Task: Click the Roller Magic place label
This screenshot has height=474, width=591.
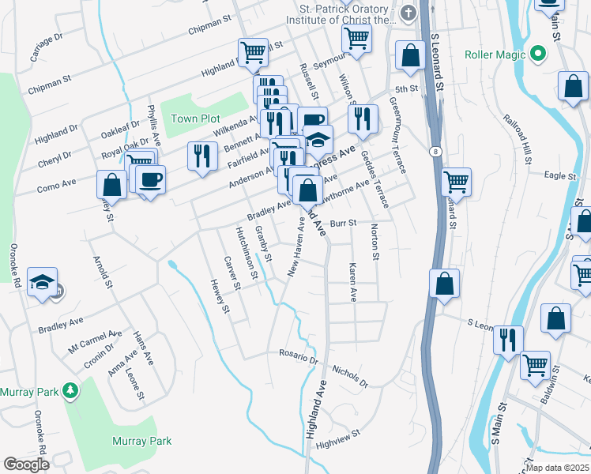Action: tap(496, 55)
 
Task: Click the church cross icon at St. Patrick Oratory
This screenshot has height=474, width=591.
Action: tap(408, 13)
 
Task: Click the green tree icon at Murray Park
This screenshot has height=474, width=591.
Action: tap(70, 390)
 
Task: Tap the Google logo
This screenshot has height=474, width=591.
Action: tap(26, 465)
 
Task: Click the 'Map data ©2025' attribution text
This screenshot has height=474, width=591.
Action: tap(557, 468)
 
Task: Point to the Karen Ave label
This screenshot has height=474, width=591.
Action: tap(352, 283)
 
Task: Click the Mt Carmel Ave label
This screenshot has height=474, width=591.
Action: tap(95, 340)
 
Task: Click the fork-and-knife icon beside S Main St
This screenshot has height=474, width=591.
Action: tap(506, 340)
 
